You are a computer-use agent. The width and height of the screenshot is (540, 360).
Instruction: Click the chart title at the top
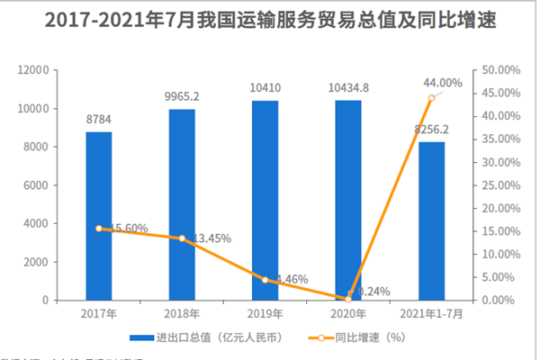tap(270, 20)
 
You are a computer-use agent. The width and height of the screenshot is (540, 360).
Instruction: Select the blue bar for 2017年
tap(99, 216)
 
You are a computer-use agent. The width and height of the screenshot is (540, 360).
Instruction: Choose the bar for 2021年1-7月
tap(431, 220)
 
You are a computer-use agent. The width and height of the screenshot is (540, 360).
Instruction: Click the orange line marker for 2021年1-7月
tap(432, 97)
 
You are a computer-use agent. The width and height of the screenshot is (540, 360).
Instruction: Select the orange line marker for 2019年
tap(265, 280)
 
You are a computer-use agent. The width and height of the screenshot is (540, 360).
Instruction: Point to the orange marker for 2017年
tap(99, 229)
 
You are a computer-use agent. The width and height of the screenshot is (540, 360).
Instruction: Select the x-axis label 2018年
tap(182, 314)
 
